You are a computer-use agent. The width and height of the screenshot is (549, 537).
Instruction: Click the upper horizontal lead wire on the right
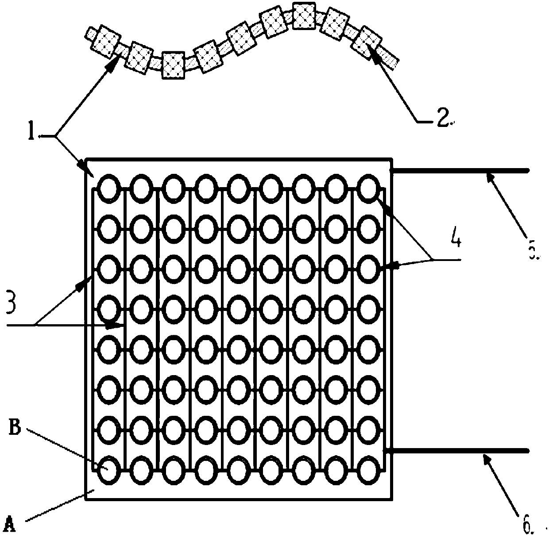click(x=460, y=170)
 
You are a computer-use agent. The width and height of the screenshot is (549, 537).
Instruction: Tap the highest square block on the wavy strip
click(x=304, y=15)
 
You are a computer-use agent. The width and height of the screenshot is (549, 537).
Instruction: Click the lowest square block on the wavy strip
click(x=173, y=65)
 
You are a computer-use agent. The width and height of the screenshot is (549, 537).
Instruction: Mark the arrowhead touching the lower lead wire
click(x=487, y=458)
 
